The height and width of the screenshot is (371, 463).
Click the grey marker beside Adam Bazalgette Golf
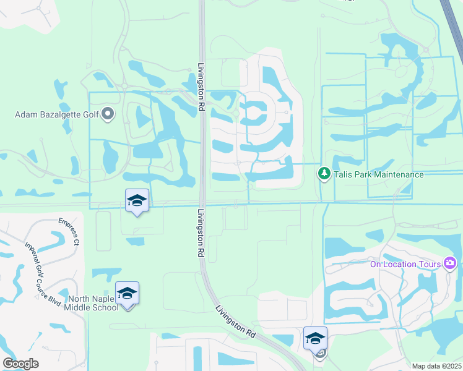click(108, 114)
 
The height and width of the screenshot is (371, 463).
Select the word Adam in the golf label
click(27, 114)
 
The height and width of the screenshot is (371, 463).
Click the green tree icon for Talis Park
click(323, 174)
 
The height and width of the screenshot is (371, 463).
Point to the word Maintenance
click(395, 174)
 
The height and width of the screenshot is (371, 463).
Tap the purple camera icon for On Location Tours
click(450, 264)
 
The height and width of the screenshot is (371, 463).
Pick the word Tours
click(430, 265)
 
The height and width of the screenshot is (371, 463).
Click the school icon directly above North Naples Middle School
click(127, 293)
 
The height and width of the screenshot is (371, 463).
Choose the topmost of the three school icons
click(137, 200)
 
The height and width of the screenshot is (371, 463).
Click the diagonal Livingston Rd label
click(236, 321)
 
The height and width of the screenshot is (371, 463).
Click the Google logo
click(20, 364)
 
